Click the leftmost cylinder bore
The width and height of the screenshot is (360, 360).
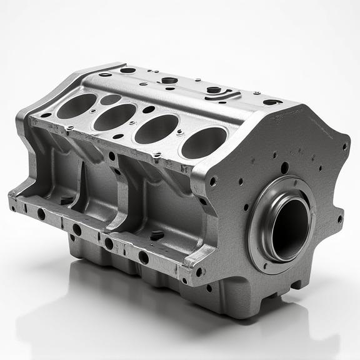(x=76, y=106)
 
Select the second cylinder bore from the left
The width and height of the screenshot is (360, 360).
(x=115, y=117)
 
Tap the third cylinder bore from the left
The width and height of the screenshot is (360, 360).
(x=156, y=129)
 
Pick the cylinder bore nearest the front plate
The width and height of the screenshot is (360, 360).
(x=204, y=142)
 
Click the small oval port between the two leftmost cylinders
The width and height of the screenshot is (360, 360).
(x=110, y=99)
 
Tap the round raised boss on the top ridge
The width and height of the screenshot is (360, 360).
(x=169, y=80)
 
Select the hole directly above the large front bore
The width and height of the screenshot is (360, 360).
(x=285, y=167)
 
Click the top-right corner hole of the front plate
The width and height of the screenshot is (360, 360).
(x=344, y=147)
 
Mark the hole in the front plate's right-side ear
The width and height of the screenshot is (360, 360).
(x=339, y=219)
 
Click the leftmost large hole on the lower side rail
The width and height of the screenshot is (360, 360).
(x=41, y=214)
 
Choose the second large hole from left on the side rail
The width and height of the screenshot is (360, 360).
(x=77, y=229)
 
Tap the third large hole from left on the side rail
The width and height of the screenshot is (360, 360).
(x=109, y=243)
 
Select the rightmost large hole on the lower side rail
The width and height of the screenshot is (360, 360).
(x=144, y=257)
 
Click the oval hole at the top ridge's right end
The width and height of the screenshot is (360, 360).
(x=272, y=102)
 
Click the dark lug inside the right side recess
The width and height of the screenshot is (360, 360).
(x=157, y=236)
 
